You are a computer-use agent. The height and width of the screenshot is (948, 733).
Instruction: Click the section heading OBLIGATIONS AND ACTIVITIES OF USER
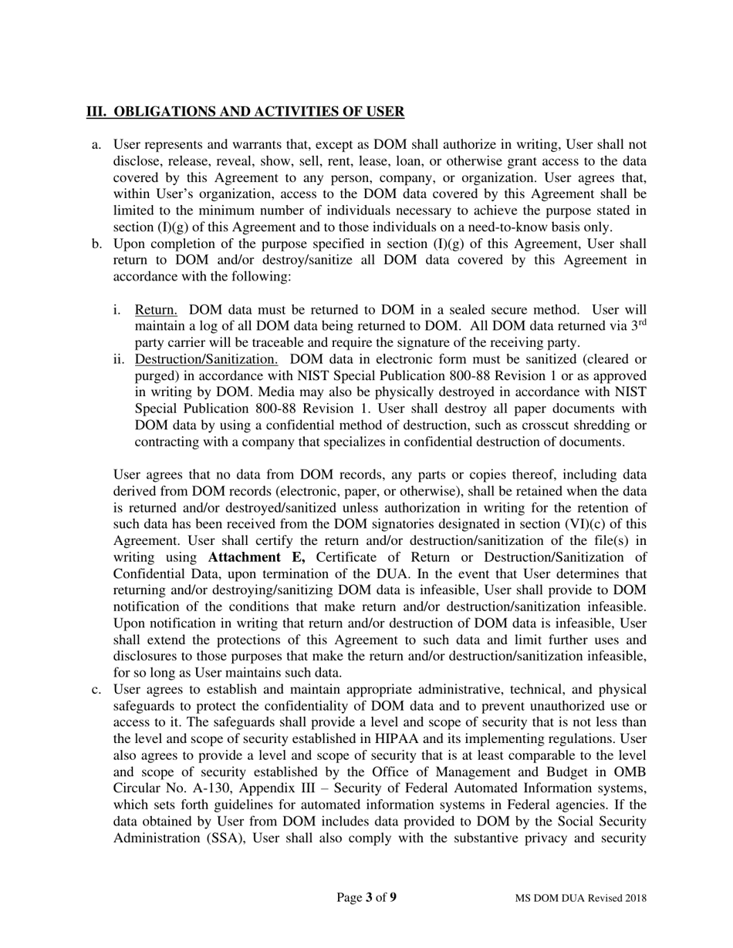[x=245, y=112]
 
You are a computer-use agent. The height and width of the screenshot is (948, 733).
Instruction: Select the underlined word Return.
[x=156, y=310]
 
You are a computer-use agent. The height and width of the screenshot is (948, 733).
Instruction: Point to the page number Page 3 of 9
[x=366, y=897]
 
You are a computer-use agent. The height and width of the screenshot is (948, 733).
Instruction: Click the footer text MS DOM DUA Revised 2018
[x=581, y=898]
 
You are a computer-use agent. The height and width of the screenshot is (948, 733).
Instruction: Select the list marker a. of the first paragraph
[x=96, y=145]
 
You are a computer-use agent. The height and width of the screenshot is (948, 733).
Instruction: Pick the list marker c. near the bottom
[x=96, y=689]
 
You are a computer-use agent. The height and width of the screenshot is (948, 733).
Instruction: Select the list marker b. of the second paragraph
[x=96, y=244]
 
